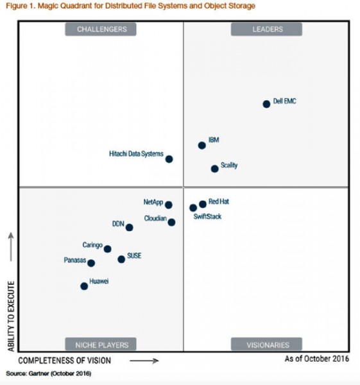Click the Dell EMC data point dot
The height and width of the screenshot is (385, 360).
coord(266,104)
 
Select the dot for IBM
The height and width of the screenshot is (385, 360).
coord(201,146)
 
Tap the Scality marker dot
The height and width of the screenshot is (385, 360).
coord(214,169)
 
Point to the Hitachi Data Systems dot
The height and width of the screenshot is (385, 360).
coord(169,159)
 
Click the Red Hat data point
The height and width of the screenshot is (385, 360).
coord(203,204)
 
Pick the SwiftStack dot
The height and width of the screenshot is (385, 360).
coord(193,208)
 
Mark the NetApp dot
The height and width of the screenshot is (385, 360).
coord(168,205)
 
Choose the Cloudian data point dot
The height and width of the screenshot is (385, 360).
coord(171,222)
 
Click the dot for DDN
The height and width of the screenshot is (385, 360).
coord(129,227)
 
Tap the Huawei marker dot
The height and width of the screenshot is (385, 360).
coord(84,286)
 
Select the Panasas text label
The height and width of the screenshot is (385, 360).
coord(74,261)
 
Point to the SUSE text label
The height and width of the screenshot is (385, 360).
coord(134,255)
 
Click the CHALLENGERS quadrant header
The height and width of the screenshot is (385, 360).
coord(101,29)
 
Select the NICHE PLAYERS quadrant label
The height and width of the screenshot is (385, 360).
coord(101,345)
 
